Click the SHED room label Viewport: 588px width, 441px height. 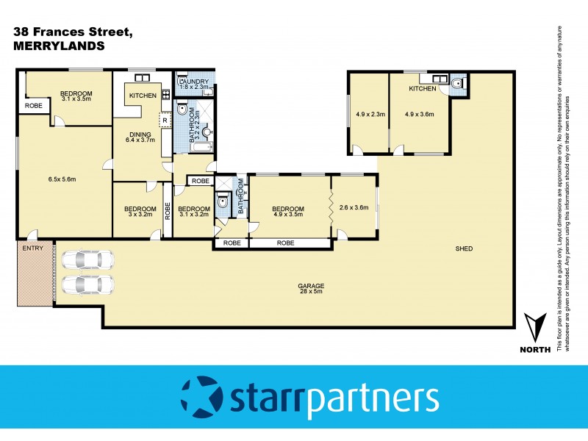[x=463, y=248]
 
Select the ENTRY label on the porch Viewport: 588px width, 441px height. [x=33, y=248]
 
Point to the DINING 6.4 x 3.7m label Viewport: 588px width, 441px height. [x=140, y=137]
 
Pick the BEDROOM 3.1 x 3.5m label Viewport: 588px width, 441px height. [x=76, y=96]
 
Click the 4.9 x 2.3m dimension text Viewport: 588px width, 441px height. [x=370, y=114]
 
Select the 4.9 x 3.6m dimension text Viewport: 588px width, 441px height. [x=420, y=114]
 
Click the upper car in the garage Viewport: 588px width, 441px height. [x=87, y=259]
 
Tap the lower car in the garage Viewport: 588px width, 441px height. [x=87, y=284]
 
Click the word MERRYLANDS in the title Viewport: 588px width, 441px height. [x=59, y=45]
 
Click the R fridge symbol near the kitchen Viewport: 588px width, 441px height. [x=164, y=120]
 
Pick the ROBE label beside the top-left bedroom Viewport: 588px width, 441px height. [x=34, y=106]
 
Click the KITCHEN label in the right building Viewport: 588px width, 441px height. [x=423, y=89]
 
